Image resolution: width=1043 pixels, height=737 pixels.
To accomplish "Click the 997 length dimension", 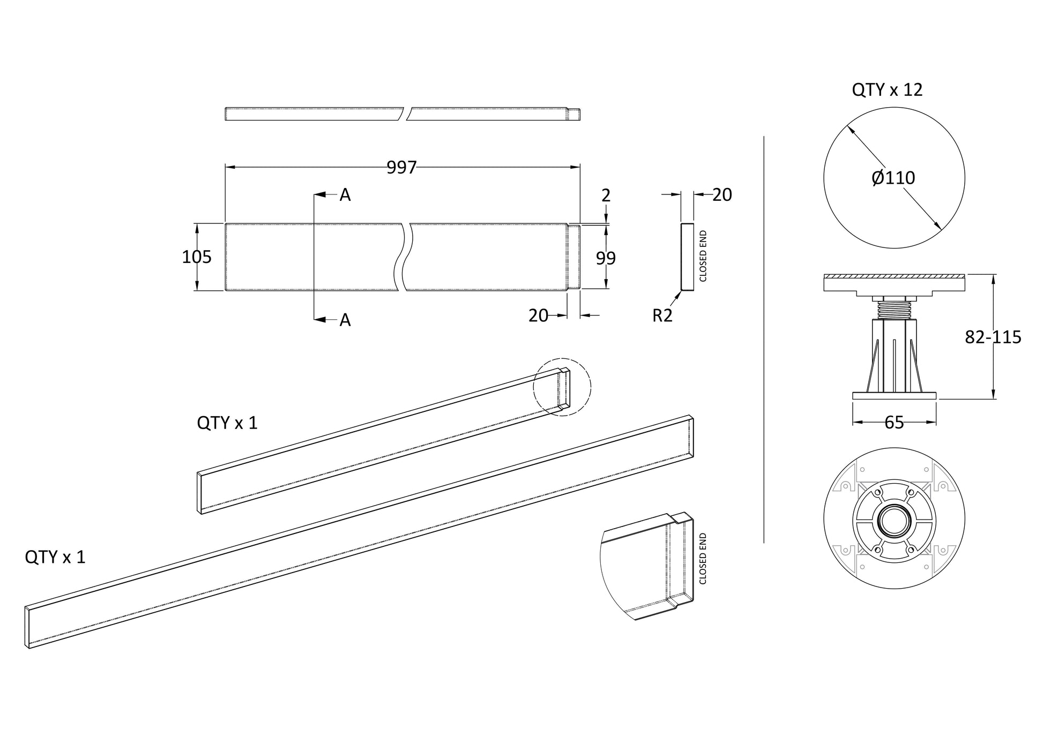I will point(401,168).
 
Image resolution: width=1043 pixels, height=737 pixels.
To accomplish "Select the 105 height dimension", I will point(197,257).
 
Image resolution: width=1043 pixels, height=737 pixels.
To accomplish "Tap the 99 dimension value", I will point(606,259).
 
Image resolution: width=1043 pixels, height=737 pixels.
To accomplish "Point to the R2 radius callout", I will point(662,316).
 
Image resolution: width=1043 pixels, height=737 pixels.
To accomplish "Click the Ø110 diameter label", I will point(893,178).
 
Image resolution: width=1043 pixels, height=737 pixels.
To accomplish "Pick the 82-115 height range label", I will point(993,337).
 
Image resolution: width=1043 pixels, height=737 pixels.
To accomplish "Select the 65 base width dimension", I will point(894,423).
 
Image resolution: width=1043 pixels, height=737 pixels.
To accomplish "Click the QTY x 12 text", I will point(887,90).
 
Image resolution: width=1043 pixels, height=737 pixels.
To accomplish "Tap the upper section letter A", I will point(345,195).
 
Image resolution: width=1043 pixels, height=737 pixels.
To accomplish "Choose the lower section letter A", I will point(345,320).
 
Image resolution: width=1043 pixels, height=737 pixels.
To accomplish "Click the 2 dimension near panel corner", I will point(606,195).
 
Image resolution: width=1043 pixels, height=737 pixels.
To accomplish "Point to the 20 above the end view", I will point(722,195).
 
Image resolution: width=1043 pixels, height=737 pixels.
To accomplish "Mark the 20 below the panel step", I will point(538,316).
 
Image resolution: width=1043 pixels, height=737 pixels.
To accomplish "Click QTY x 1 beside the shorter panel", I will point(227,423).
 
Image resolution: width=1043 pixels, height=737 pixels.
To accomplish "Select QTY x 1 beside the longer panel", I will point(55,558).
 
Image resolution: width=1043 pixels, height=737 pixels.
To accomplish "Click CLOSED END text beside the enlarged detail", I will point(703,559).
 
